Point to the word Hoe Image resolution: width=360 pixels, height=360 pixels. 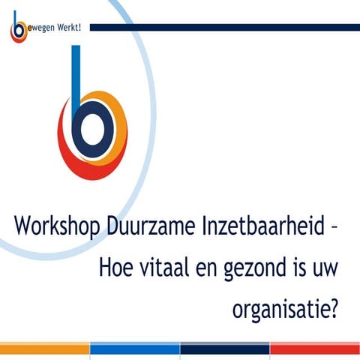(116, 267)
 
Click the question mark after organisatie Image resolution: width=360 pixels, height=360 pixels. (328, 307)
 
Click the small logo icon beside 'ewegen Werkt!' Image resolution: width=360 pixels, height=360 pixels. (17, 29)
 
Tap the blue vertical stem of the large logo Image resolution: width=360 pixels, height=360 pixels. (75, 75)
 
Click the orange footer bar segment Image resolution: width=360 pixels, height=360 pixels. (45, 349)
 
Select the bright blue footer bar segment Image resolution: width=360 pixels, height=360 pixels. (135, 349)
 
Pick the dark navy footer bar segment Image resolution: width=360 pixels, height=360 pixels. (225, 349)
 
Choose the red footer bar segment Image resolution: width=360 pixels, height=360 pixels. (315, 349)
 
